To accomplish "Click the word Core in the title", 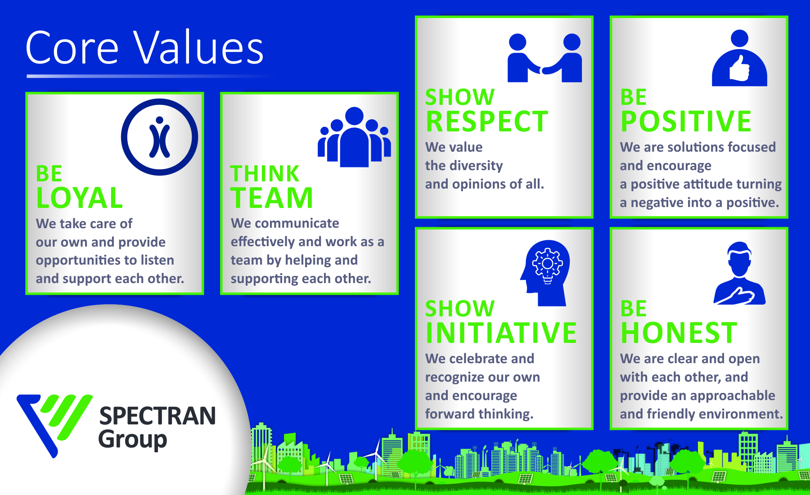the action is [x=72, y=48].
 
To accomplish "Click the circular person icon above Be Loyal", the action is [x=159, y=137].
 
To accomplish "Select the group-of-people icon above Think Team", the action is [x=354, y=137].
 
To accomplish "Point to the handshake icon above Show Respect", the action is [x=544, y=58].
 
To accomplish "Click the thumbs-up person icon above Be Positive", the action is [x=739, y=58].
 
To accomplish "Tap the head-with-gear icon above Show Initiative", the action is [x=545, y=273].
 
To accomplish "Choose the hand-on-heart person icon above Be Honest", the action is [x=739, y=273].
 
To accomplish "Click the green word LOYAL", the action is [x=79, y=198].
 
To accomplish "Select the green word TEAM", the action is [x=272, y=198].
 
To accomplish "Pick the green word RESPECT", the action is [x=487, y=121].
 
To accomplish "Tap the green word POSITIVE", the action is [x=686, y=121].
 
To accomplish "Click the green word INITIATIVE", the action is [x=501, y=333].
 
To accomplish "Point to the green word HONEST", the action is [x=679, y=333].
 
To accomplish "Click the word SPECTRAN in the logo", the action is [x=157, y=416].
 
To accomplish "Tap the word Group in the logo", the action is [x=133, y=440].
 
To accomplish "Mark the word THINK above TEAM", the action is [x=265, y=174].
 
